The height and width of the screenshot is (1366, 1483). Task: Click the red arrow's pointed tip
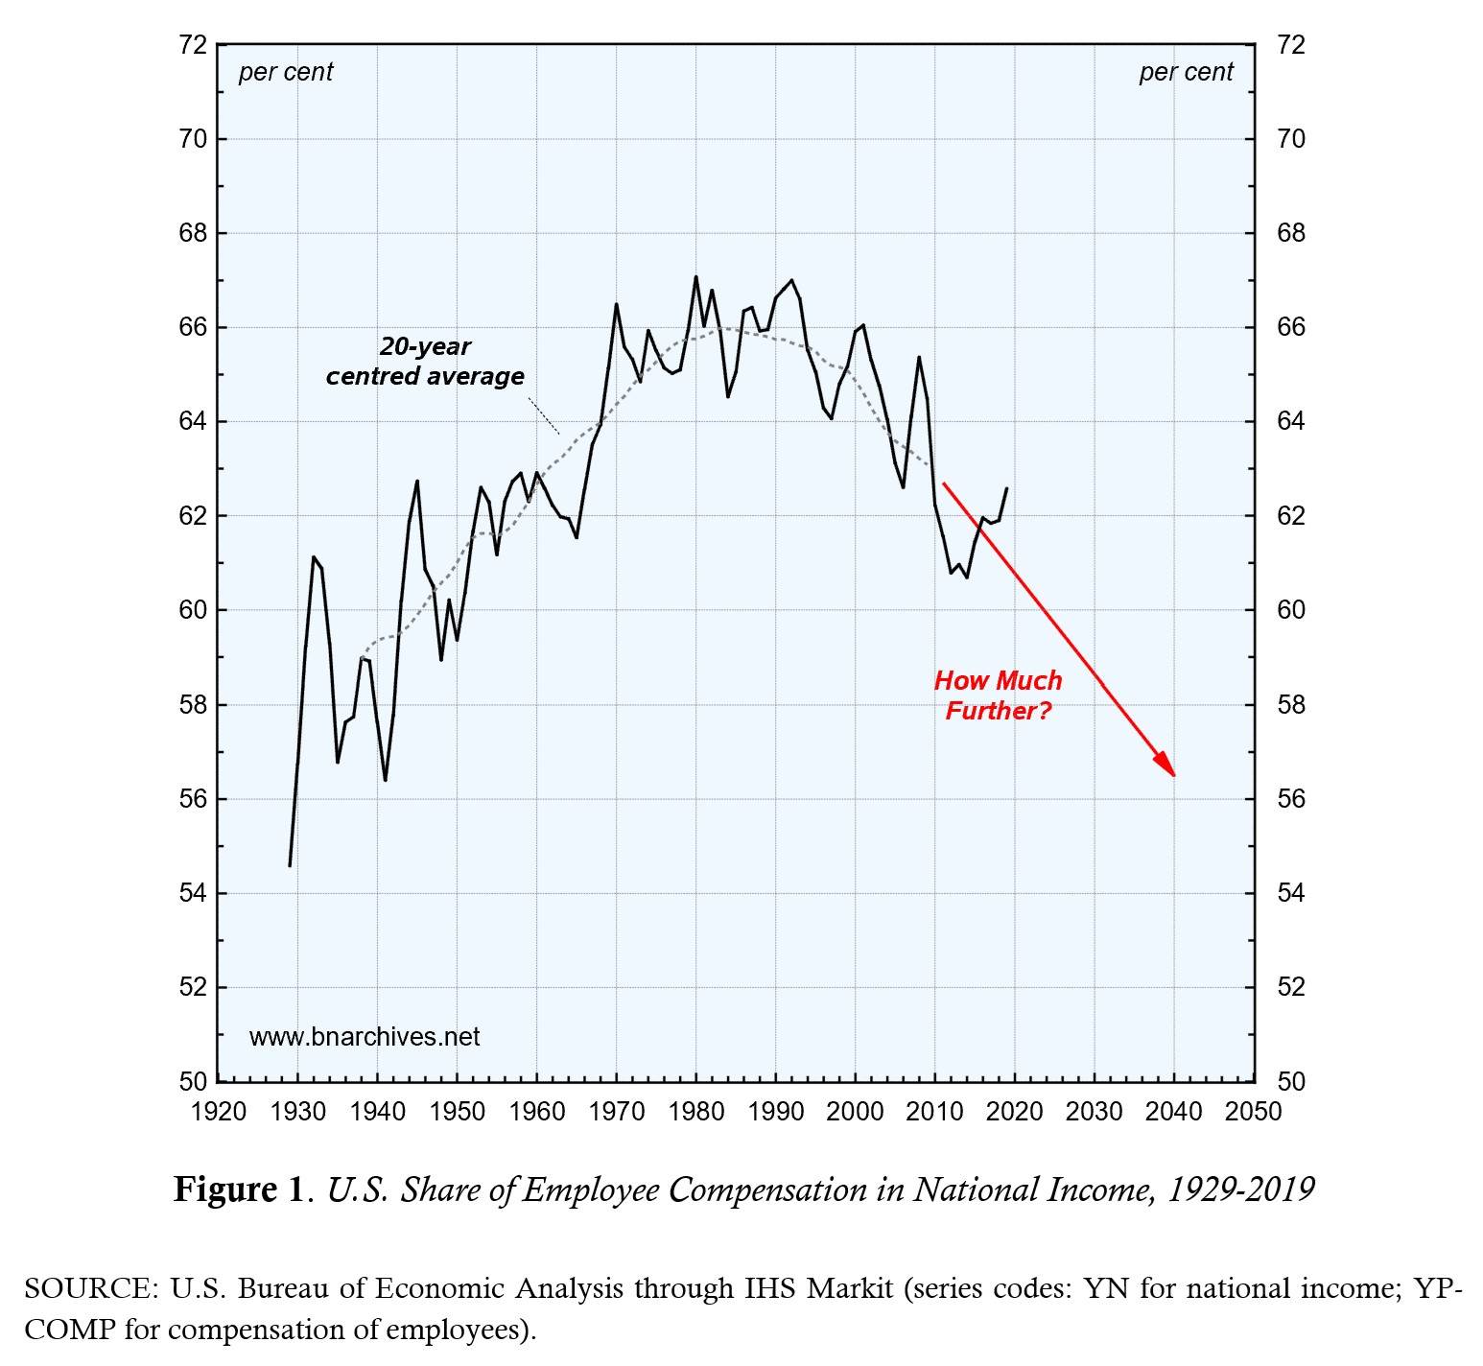[1173, 775]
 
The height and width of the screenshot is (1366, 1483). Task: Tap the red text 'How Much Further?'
[998, 695]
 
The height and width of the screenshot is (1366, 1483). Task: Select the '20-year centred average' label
[425, 362]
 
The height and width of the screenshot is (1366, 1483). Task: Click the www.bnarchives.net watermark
[365, 1037]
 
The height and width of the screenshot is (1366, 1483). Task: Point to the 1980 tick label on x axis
[695, 1112]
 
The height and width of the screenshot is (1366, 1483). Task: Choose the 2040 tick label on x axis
[1173, 1112]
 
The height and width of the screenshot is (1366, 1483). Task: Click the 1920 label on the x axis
[219, 1112]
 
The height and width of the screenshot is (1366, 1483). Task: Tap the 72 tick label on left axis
[192, 45]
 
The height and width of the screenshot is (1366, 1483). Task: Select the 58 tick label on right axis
[1291, 705]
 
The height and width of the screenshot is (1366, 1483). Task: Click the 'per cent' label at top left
[285, 72]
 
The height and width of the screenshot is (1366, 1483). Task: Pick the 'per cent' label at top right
[1186, 72]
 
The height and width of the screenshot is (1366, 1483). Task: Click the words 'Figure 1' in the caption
[238, 1190]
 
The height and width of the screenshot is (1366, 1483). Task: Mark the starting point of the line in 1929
[290, 865]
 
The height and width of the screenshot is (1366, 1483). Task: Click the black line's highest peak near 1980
[695, 277]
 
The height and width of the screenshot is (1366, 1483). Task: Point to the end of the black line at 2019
[1006, 488]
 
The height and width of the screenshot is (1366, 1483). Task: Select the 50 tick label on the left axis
[192, 1082]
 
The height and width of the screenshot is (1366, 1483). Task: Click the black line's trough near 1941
[386, 780]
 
